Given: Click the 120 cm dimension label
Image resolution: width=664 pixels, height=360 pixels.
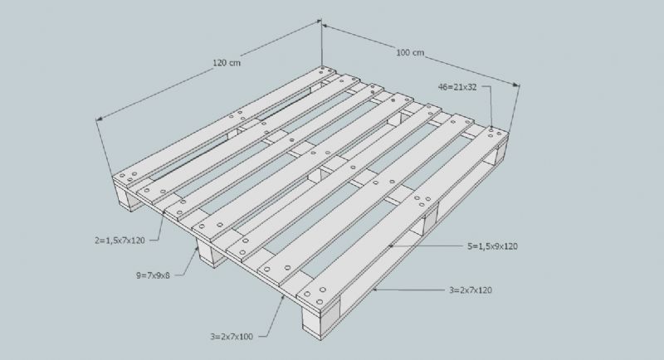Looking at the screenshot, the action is tap(227, 62).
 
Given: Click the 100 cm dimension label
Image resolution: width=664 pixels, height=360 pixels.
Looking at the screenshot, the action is tap(410, 53).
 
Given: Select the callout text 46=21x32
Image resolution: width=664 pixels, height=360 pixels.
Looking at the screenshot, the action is tap(457, 87).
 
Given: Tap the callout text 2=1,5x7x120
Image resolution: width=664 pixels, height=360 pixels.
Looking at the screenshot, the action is tap(120, 241).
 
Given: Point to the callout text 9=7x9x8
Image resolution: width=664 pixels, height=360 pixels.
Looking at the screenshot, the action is tap(153, 275).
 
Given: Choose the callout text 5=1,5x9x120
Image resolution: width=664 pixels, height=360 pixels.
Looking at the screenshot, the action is tap(492, 246).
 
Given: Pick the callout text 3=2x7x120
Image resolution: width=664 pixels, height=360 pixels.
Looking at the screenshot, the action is tap(471, 290).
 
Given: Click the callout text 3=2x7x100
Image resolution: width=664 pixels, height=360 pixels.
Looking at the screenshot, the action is tap(232, 337).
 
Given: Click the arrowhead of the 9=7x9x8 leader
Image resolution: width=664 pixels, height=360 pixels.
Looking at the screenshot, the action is tap(197, 250).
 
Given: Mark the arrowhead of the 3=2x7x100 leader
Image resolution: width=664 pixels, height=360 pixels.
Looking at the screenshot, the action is tap(283, 299).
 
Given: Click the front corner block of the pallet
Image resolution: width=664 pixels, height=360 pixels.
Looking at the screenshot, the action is tap(320, 316).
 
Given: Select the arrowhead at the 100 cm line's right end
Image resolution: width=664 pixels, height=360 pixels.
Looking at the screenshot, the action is tap(516, 85).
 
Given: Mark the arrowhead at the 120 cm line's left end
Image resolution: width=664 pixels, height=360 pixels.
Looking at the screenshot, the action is tap(100, 119).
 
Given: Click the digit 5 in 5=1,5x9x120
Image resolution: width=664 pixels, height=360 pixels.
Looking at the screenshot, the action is tap(469, 246).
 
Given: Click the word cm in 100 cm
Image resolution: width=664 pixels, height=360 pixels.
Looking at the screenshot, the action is tap(417, 53).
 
